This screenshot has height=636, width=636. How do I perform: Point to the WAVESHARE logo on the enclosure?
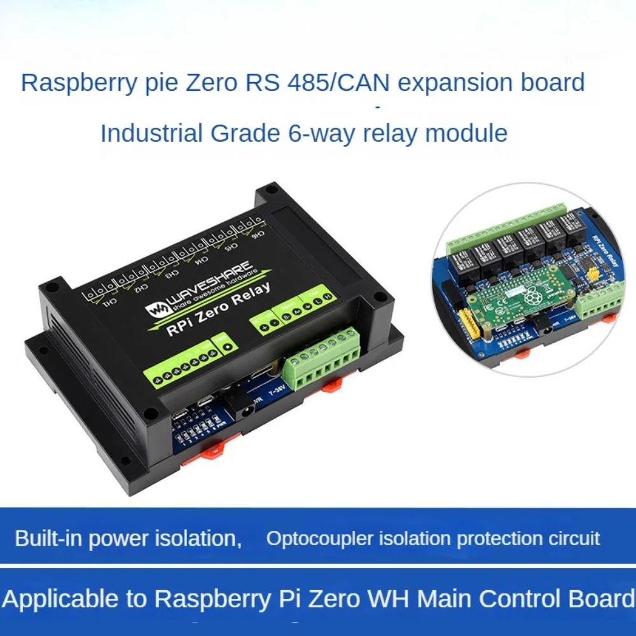pos(202,284)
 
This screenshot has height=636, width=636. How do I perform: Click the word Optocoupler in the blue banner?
pos(310,539)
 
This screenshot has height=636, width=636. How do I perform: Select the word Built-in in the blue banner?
pos(48,539)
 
